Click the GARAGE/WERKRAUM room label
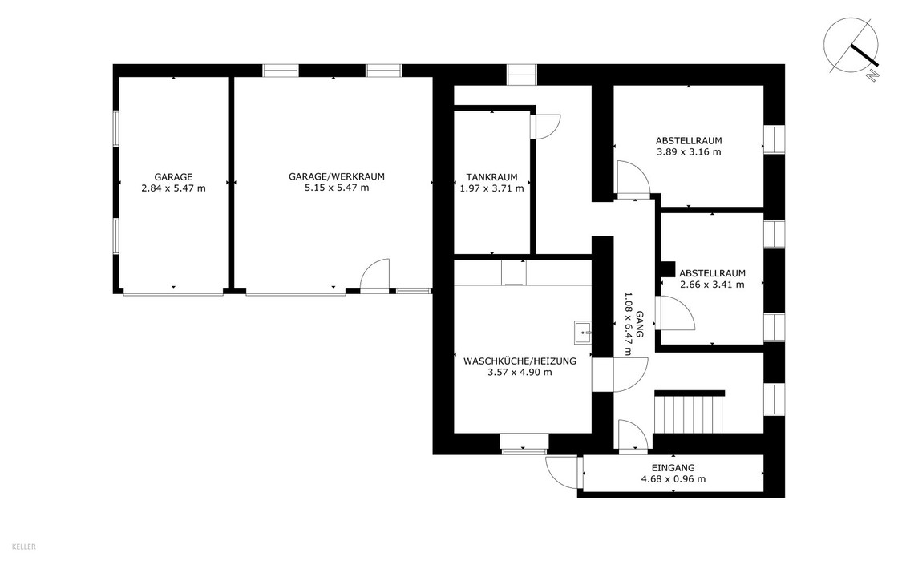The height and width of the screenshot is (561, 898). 336,176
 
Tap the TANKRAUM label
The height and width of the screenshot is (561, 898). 491,177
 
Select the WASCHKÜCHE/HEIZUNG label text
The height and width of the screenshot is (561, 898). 520,361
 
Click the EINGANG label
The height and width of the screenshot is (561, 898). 673,468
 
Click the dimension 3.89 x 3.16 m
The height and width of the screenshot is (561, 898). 689,151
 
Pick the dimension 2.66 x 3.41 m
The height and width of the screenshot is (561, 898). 712,284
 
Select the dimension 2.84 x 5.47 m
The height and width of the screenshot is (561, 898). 173,188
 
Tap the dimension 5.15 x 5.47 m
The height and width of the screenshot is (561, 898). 336,188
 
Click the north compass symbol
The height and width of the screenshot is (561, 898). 851,46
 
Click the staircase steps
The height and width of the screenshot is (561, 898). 689,414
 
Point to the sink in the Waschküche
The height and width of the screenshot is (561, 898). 583,332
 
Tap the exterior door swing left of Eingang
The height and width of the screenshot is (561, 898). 562,472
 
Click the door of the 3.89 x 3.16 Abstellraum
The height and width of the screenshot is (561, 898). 633,179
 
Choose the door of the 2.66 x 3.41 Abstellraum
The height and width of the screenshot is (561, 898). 677,313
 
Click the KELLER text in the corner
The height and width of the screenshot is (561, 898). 24,547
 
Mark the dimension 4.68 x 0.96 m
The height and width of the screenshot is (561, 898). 673,478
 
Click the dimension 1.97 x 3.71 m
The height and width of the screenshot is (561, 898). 491,188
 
